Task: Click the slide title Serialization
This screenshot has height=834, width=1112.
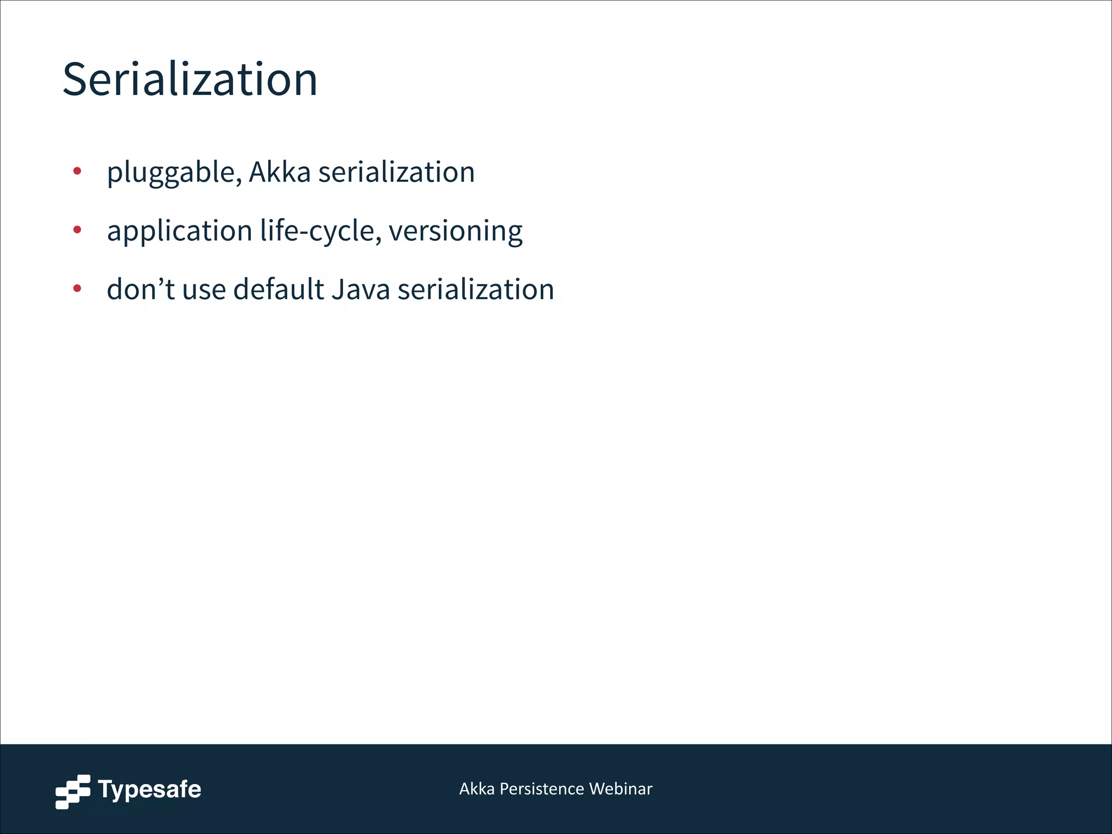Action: (190, 80)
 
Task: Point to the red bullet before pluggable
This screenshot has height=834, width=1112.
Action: (77, 171)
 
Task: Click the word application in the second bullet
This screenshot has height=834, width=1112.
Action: (179, 231)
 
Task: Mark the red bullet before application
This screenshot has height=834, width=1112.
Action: (77, 230)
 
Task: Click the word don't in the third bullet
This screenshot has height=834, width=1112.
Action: (140, 289)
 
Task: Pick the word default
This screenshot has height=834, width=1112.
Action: (278, 289)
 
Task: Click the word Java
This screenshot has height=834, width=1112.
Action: (361, 289)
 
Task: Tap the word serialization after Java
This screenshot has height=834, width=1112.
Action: (476, 289)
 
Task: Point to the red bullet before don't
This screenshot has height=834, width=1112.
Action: (77, 288)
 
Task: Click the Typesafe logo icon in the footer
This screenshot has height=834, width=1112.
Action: (73, 792)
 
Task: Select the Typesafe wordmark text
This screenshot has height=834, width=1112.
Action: (149, 789)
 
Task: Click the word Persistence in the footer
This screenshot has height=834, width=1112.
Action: (541, 788)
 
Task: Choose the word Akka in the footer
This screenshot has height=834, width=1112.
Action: (477, 788)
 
